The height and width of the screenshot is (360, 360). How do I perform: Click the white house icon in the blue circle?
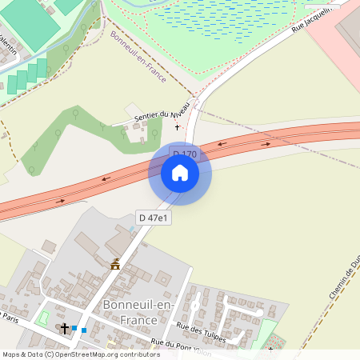[x=179, y=173]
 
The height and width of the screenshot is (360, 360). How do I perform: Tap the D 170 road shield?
[x=184, y=154]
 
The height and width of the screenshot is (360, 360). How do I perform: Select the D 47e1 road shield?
[x=152, y=218]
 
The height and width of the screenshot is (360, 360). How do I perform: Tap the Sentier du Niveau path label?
[x=162, y=115]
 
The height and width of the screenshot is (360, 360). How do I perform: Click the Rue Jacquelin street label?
[x=311, y=15]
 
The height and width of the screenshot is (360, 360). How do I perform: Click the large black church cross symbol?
[x=65, y=328]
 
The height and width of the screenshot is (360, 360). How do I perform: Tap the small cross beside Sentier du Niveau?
[x=178, y=127]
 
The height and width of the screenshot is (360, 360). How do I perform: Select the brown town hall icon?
[x=115, y=264]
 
